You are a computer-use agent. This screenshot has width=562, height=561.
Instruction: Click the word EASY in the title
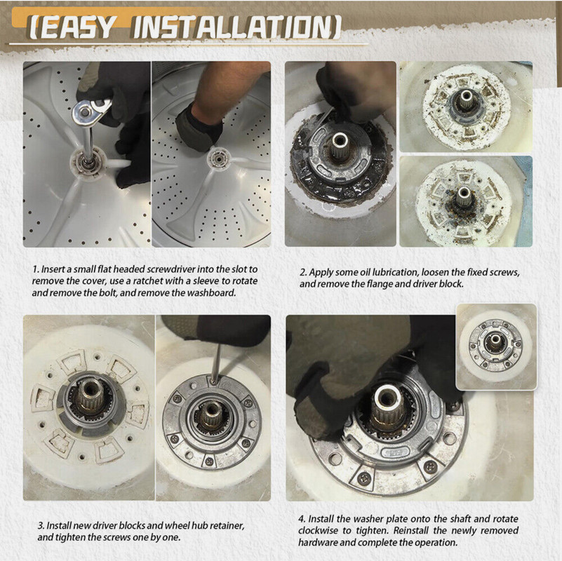[x=76, y=27]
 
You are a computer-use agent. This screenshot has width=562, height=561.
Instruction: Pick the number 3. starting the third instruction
[x=41, y=525]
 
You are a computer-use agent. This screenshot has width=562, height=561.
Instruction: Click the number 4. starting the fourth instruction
[x=302, y=519]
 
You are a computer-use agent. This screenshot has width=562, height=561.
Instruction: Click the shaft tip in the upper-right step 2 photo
[x=466, y=96]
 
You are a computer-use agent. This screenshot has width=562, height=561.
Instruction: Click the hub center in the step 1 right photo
[x=217, y=156]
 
